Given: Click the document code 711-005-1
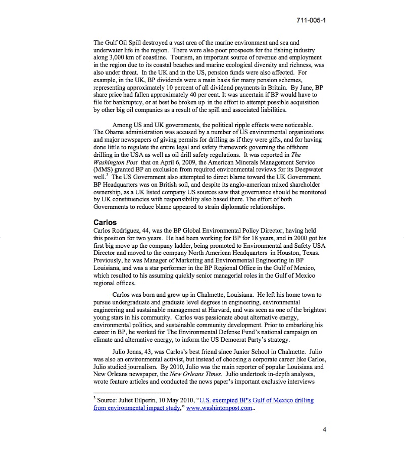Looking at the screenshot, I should point(311,20).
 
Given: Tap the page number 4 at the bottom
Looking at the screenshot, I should point(324,430).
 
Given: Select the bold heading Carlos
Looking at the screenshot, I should point(105,222).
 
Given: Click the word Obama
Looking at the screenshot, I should point(114,132).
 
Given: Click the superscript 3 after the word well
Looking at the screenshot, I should point(107,175).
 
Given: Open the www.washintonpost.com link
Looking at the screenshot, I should point(219,408).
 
